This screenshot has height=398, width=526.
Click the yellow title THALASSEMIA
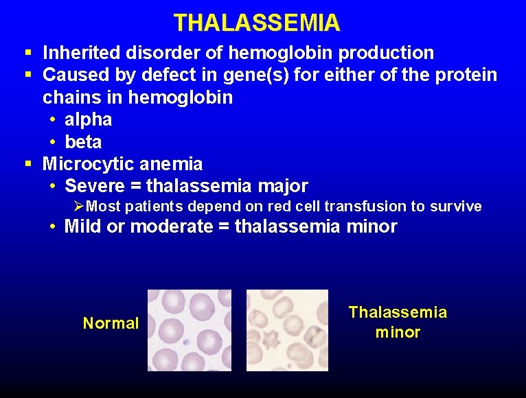click(256, 23)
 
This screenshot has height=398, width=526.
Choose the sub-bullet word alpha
click(88, 119)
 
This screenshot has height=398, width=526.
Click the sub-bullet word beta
click(83, 142)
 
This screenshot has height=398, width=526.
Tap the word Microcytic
click(89, 164)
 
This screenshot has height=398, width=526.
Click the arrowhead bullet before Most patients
click(79, 206)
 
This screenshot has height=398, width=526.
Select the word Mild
click(83, 227)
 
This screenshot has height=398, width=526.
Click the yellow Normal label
click(111, 323)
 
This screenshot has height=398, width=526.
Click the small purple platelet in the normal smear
click(186, 340)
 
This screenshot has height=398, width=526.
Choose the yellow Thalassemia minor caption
click(398, 323)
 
